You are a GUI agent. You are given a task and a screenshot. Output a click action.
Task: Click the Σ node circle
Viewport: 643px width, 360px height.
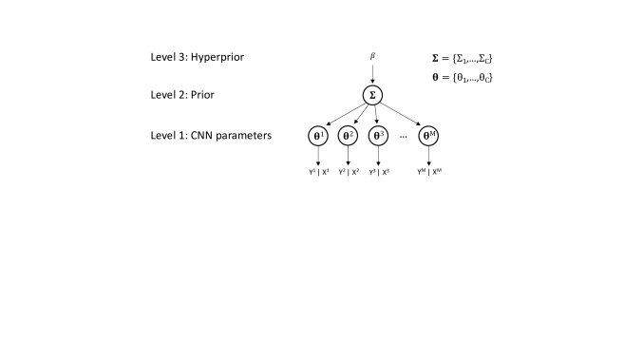(373, 95)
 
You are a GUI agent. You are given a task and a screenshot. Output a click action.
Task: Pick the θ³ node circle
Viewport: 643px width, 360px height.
(380, 136)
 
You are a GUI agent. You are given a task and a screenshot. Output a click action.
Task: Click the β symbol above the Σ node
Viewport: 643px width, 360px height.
(373, 58)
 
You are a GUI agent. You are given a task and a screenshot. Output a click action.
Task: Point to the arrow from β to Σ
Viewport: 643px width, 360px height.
(373, 73)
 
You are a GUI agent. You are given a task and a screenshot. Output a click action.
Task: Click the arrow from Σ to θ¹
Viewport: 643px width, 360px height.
(345, 115)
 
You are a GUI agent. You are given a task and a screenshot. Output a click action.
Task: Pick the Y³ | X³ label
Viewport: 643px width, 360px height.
(380, 172)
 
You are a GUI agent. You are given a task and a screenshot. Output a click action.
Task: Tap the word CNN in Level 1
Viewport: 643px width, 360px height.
(206, 136)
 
